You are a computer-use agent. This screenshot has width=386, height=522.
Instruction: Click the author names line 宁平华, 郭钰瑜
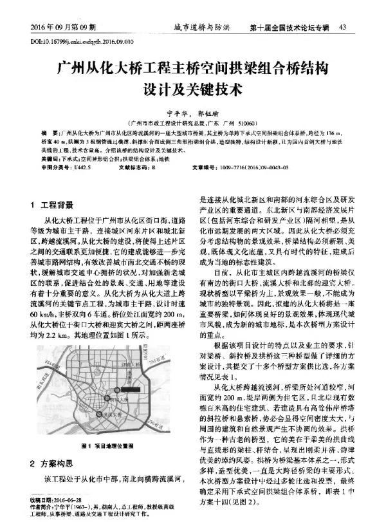[x=192, y=111]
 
